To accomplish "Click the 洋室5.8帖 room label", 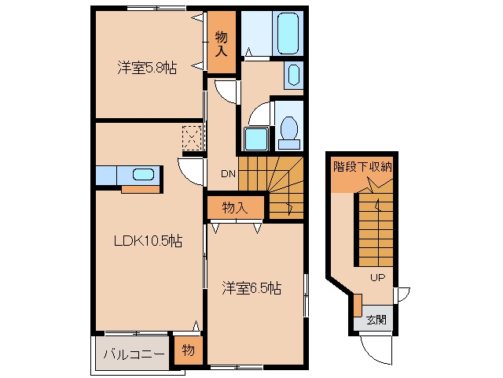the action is [x=147, y=68].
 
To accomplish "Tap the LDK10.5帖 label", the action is [x=149, y=241].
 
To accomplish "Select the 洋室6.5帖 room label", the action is [x=251, y=288].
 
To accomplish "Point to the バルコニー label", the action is [x=134, y=354].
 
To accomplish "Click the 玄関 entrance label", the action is [x=376, y=320].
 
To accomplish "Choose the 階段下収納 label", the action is [x=362, y=166].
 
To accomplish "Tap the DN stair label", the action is [x=228, y=174].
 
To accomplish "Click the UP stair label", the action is [x=377, y=277].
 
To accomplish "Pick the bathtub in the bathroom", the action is [x=288, y=33].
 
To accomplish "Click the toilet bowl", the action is [x=289, y=128].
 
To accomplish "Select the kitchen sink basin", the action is [x=143, y=175].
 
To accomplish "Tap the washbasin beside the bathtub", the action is [x=293, y=75].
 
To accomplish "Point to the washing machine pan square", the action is [x=256, y=139].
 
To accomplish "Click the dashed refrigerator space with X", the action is [x=192, y=139].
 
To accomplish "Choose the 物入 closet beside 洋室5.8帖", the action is [x=222, y=42].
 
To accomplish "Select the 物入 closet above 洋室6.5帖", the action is [x=235, y=208].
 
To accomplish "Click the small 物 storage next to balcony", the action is [x=189, y=350].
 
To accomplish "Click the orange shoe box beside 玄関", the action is [x=358, y=305].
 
